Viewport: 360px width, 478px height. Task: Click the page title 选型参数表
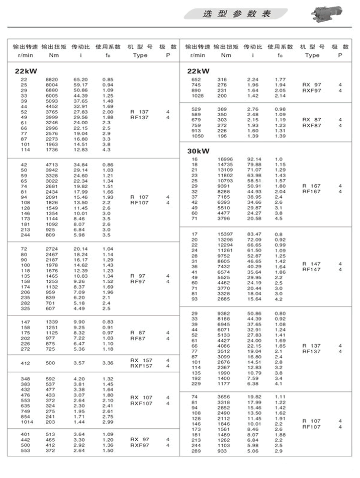click(x=237, y=14)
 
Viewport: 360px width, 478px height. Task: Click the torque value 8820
click(x=52, y=80)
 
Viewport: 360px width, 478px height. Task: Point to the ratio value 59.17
click(x=80, y=85)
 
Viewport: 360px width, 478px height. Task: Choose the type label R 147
click(x=312, y=264)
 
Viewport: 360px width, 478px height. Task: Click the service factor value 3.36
click(x=108, y=363)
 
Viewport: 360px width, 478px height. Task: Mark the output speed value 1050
click(x=197, y=136)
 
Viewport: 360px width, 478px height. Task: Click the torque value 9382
click(x=224, y=313)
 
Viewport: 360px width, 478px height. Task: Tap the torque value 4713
click(x=52, y=165)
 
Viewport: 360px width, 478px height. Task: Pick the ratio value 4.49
click(x=80, y=308)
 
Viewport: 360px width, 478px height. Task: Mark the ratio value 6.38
click(x=254, y=383)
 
